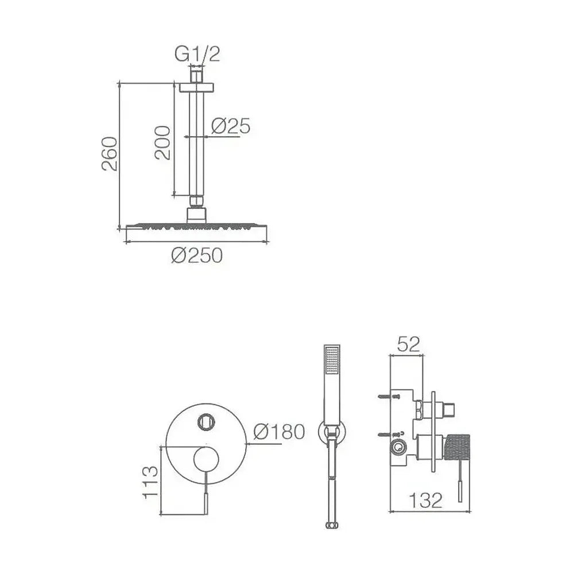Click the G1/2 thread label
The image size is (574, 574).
tap(197, 54)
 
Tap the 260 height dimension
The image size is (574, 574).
tap(110, 154)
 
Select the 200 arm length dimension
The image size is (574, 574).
tap(162, 143)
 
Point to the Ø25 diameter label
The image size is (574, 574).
tap(231, 126)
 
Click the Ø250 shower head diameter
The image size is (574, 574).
tap(197, 255)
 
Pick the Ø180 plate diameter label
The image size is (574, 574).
tap(280, 432)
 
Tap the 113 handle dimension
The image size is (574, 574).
tap(151, 482)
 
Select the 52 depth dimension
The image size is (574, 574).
tap(408, 344)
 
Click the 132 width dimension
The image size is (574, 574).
tap(425, 501)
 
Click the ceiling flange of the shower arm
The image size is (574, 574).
tap(196, 87)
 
